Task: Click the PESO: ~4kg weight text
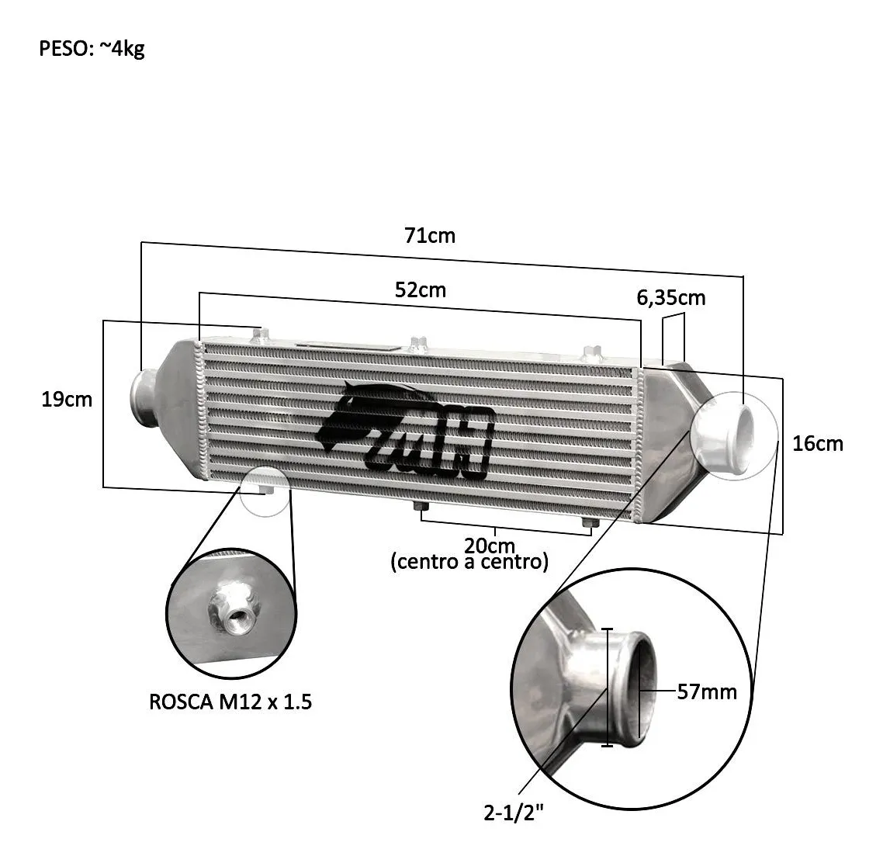[92, 48]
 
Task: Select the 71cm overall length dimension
[430, 235]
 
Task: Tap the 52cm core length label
[421, 289]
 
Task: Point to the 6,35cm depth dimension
[670, 297]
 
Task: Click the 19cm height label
[67, 400]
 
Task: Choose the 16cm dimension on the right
[818, 444]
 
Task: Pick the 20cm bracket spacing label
[490, 546]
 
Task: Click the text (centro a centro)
[469, 562]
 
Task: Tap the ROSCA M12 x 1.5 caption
[230, 702]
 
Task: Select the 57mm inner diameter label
[707, 691]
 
